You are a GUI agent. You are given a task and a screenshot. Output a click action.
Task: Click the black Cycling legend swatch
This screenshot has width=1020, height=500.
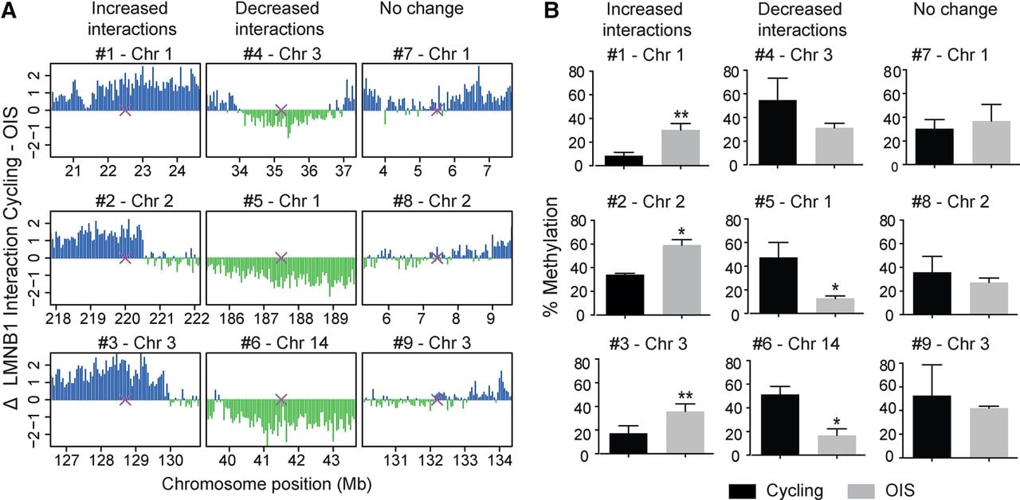(x=742, y=491)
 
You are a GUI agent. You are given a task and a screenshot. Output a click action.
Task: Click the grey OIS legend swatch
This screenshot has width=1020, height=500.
(x=861, y=491)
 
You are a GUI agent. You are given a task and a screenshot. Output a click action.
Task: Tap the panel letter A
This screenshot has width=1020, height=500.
(x=8, y=10)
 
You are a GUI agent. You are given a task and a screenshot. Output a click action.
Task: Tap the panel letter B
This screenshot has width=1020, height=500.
(x=551, y=10)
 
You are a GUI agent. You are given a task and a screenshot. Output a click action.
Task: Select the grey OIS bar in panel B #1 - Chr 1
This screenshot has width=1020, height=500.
(x=681, y=147)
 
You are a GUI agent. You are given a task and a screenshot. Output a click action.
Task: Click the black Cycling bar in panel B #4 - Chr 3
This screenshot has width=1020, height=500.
(x=778, y=133)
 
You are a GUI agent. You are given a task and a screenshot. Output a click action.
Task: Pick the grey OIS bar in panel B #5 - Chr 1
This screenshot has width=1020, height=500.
(x=834, y=306)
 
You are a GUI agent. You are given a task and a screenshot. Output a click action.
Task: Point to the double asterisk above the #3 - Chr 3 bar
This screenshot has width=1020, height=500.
(x=685, y=396)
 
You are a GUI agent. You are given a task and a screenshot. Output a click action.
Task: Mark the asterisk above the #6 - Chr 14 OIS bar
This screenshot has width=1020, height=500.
(x=837, y=421)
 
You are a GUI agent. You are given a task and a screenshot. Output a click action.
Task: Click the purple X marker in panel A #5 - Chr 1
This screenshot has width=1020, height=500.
(x=281, y=257)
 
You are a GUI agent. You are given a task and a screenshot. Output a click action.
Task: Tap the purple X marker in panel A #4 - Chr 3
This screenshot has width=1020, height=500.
(x=281, y=110)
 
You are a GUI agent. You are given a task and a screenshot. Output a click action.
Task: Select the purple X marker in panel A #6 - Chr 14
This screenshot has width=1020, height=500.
(x=281, y=400)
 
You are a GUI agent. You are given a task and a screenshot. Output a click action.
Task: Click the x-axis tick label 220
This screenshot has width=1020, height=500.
(x=127, y=318)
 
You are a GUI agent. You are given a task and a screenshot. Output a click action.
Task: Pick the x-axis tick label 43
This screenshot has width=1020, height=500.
(x=331, y=460)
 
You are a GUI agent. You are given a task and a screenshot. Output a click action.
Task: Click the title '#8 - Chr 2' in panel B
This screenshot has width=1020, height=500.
(x=951, y=201)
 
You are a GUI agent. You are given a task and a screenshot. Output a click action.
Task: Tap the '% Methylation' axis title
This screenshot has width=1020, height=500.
(x=551, y=257)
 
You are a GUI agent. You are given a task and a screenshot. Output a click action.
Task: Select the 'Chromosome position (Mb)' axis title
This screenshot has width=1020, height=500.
(x=267, y=484)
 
